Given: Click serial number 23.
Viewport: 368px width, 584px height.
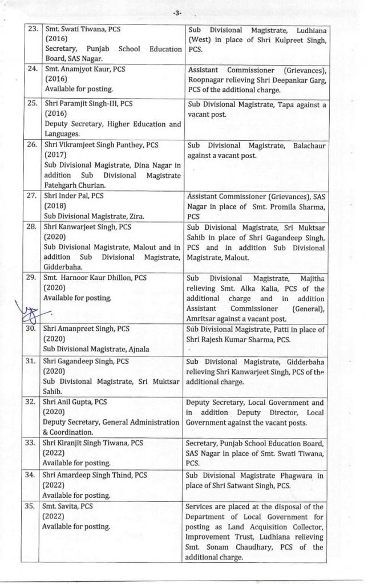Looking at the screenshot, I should click(31, 27).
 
